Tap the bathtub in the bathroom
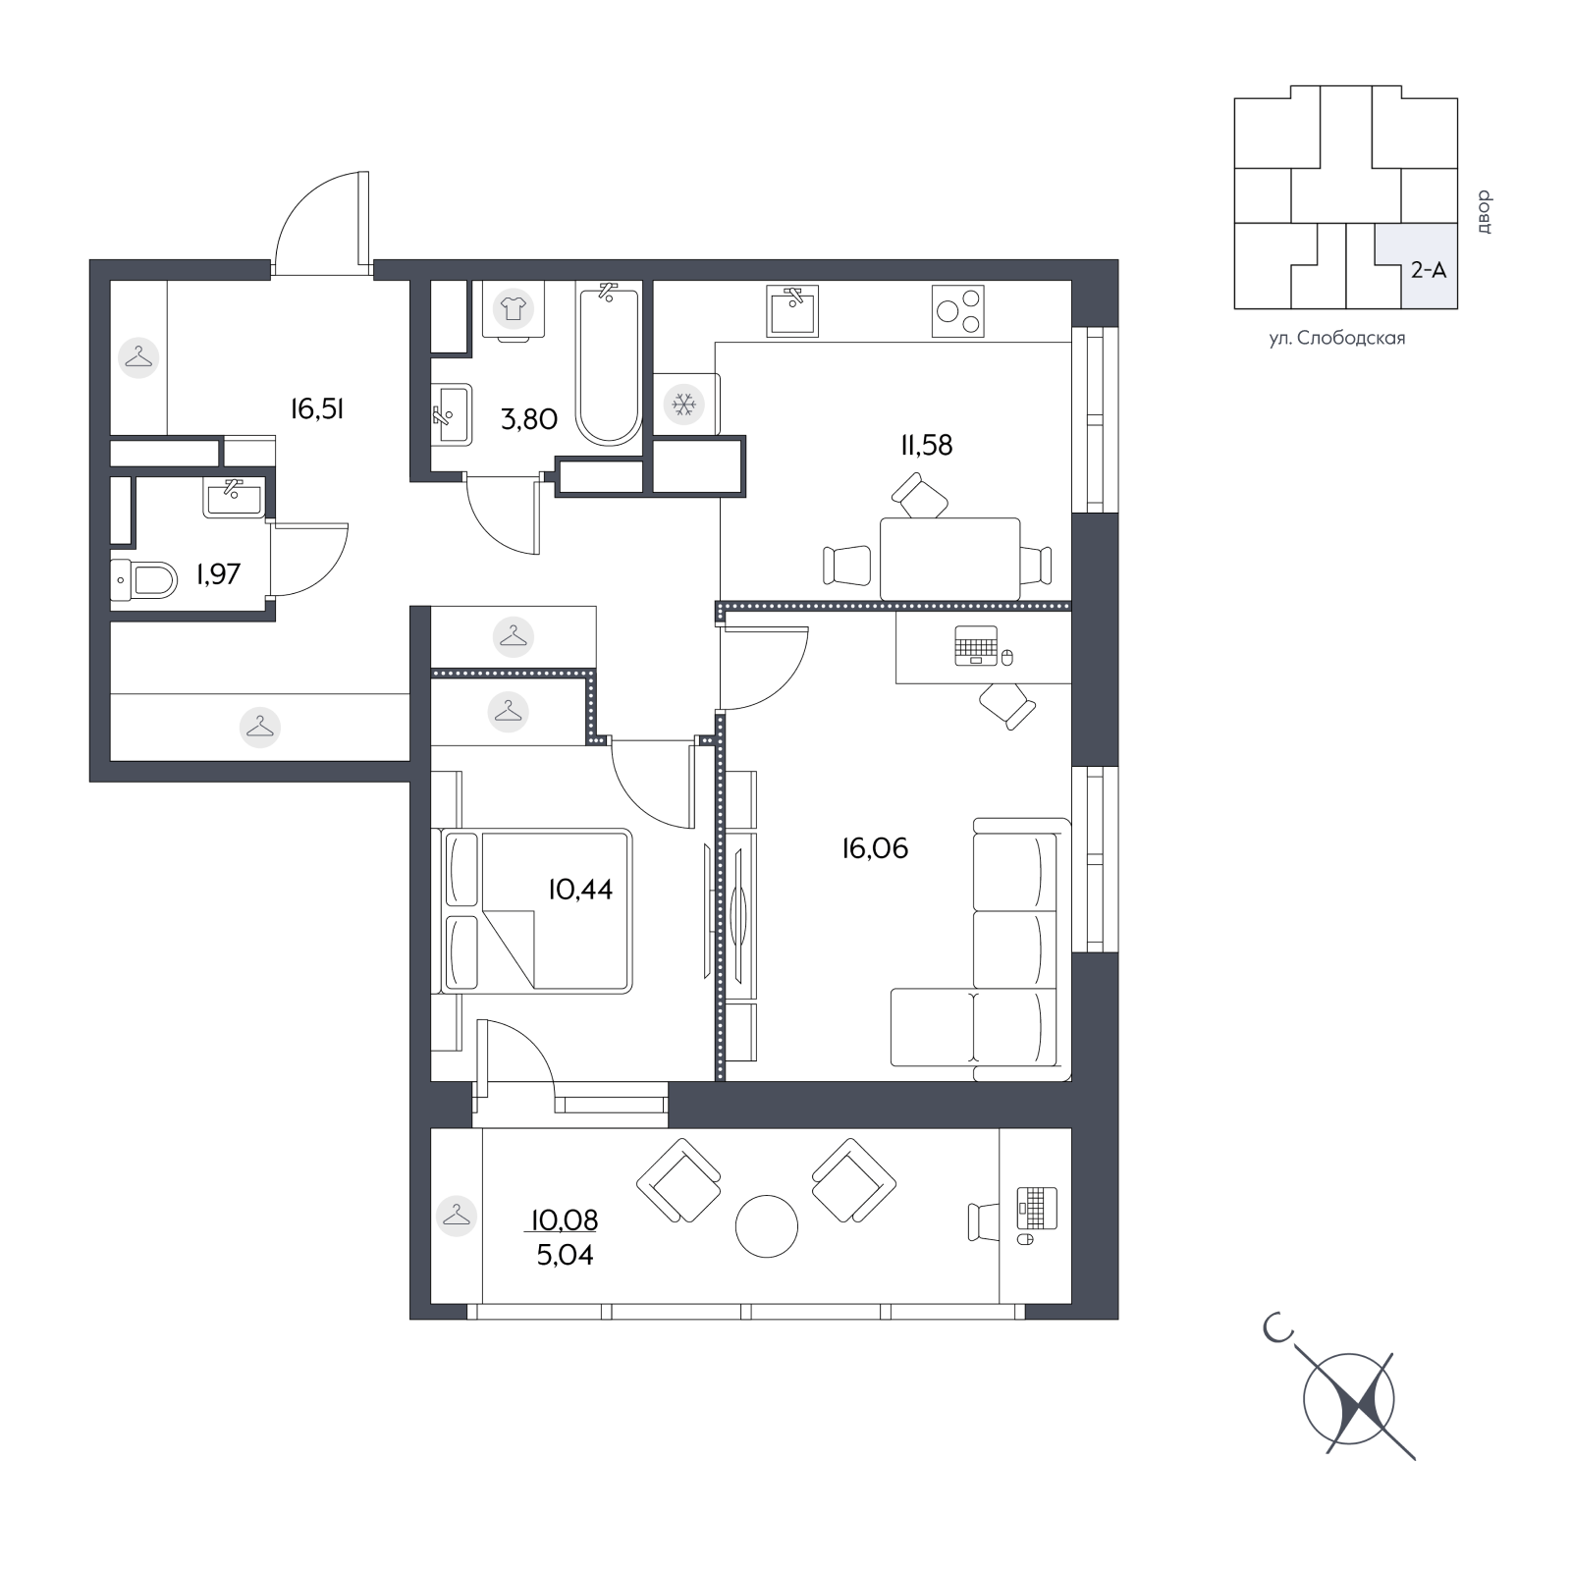pyautogui.click(x=609, y=363)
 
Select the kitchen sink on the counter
pyautogui.click(x=792, y=310)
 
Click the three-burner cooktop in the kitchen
pyautogui.click(x=957, y=310)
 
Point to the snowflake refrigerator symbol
pyautogui.click(x=682, y=404)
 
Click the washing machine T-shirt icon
pyautogui.click(x=513, y=308)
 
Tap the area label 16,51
pyautogui.click(x=317, y=409)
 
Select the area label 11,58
pyautogui.click(x=927, y=445)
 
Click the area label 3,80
pyautogui.click(x=529, y=419)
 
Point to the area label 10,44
pyautogui.click(x=580, y=890)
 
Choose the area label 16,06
pyautogui.click(x=875, y=848)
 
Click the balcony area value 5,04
pyautogui.click(x=565, y=1255)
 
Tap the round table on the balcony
pyautogui.click(x=767, y=1225)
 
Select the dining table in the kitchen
pyautogui.click(x=949, y=559)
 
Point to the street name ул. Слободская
pyautogui.click(x=1336, y=339)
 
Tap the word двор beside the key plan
pyautogui.click(x=1483, y=211)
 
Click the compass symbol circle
pyautogui.click(x=1349, y=1399)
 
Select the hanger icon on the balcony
pyautogui.click(x=457, y=1216)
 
